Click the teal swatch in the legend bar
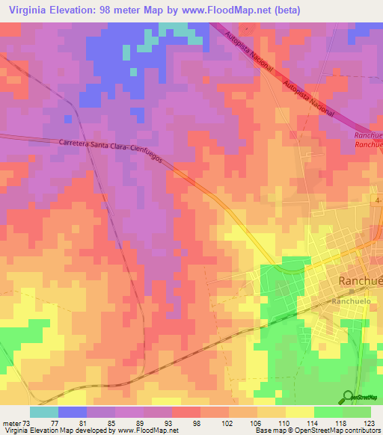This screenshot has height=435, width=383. click(x=43, y=412)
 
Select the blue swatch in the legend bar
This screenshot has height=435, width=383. click(x=73, y=412)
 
